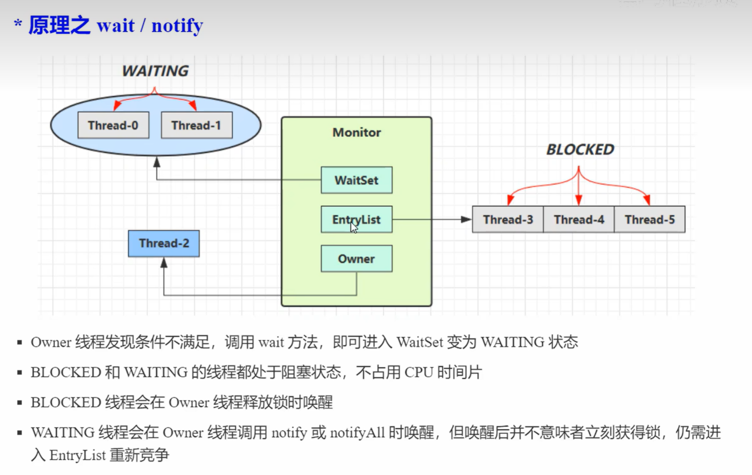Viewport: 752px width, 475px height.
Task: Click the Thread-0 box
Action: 113,126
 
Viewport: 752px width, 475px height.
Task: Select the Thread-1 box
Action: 196,126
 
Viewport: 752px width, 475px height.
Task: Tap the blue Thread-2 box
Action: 164,244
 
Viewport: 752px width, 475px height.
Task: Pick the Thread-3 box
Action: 508,220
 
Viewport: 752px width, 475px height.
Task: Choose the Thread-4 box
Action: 578,220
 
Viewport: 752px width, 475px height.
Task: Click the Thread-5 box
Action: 650,220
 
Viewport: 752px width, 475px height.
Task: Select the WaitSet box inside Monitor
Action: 357,180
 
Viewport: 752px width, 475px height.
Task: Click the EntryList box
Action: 357,220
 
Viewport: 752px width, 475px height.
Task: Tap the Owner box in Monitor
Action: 357,259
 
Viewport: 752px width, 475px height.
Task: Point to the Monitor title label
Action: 357,132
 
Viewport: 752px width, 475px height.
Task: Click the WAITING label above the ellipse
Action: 155,71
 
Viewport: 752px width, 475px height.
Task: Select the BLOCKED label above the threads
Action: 580,150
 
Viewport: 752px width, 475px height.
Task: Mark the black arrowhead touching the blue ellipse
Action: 157,161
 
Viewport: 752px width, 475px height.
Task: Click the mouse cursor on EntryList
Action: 354,227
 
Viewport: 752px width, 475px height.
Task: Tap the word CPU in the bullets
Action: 418,372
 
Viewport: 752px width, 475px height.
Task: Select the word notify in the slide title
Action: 177,26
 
